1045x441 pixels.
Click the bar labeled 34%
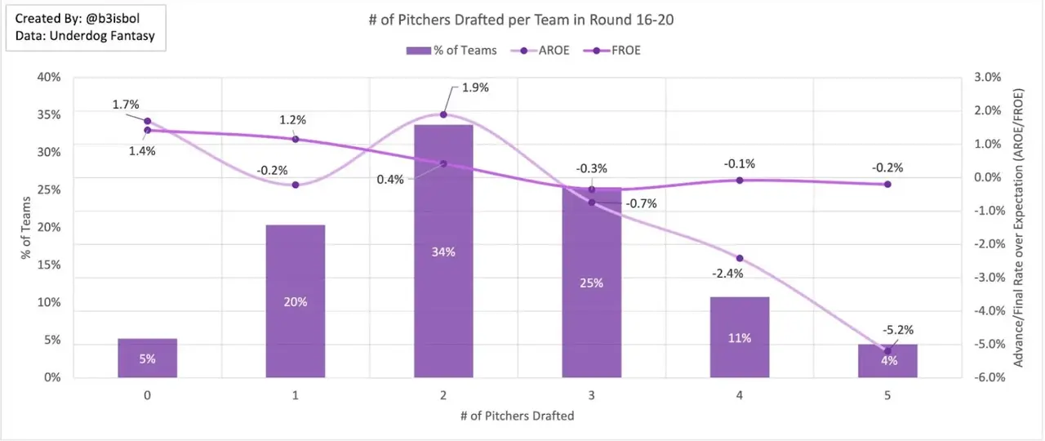[x=443, y=251]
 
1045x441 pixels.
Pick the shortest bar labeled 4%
[x=887, y=361]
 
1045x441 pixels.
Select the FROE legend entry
[x=613, y=51]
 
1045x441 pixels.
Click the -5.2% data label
[x=897, y=330]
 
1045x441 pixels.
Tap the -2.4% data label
[x=727, y=274]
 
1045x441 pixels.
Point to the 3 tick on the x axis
[x=591, y=395]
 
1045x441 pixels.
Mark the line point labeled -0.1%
[x=740, y=180]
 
